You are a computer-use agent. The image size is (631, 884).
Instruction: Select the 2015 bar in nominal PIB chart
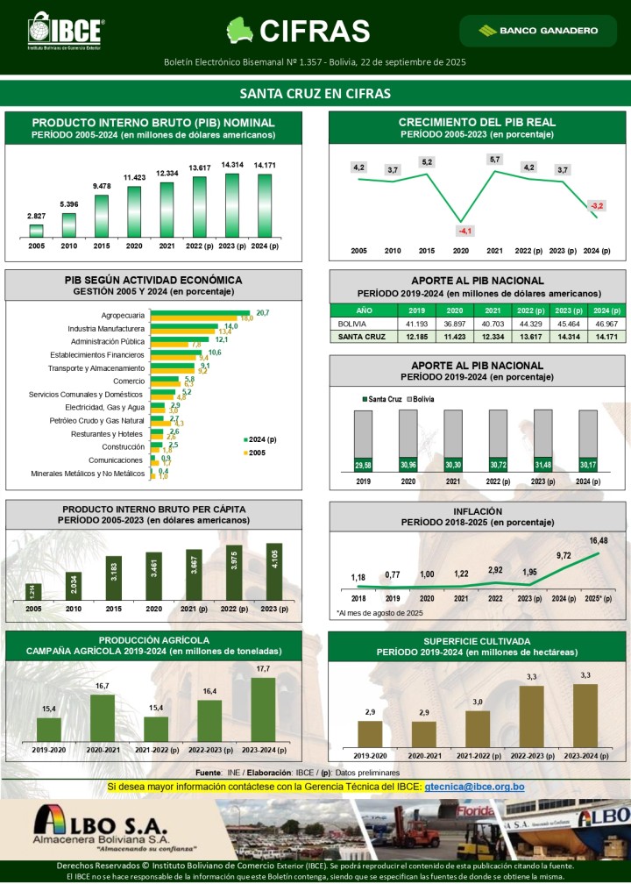[102, 215]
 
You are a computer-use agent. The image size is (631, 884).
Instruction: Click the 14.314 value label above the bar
[232, 165]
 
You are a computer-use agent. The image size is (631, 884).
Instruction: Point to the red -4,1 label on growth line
[464, 231]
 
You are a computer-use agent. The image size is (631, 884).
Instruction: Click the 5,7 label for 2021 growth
[495, 159]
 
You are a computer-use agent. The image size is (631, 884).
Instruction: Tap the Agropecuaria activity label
[123, 314]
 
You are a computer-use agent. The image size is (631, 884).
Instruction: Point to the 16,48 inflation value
[599, 540]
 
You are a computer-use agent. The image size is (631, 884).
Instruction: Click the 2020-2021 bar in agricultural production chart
[103, 717]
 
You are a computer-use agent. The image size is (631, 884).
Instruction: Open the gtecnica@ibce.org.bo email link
[474, 787]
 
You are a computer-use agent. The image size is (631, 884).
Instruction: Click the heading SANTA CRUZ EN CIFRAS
[315, 94]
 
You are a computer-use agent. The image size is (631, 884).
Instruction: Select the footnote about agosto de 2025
[379, 612]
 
